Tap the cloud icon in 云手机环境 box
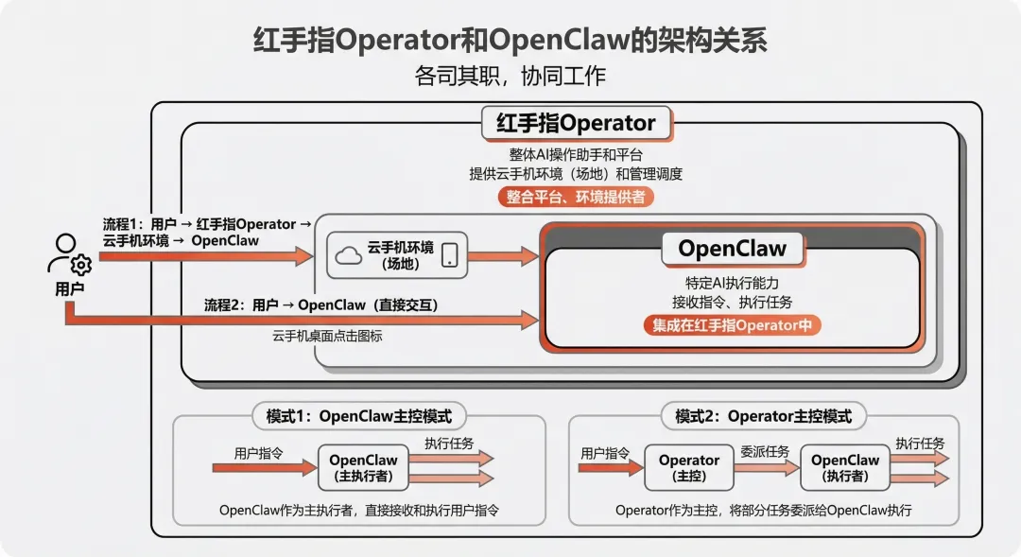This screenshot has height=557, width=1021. (x=348, y=254)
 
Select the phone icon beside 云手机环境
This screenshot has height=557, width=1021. (x=449, y=254)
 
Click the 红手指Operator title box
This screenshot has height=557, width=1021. (x=576, y=123)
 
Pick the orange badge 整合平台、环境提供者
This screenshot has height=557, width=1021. (x=576, y=197)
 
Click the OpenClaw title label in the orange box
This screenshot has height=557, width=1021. (x=732, y=249)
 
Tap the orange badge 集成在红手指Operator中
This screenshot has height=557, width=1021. (x=732, y=325)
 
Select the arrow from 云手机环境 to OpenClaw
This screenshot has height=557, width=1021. (x=503, y=255)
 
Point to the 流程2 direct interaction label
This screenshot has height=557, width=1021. (x=321, y=305)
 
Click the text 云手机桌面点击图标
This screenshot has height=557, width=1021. (x=327, y=336)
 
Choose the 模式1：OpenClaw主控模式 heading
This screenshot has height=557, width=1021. (x=359, y=416)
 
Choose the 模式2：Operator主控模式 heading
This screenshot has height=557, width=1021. (x=763, y=416)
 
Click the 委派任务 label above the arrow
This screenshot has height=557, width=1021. (x=765, y=451)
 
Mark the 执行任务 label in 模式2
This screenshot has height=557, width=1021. (x=920, y=443)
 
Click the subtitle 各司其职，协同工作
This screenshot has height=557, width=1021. (x=510, y=76)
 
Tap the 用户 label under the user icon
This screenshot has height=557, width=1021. (x=69, y=288)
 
